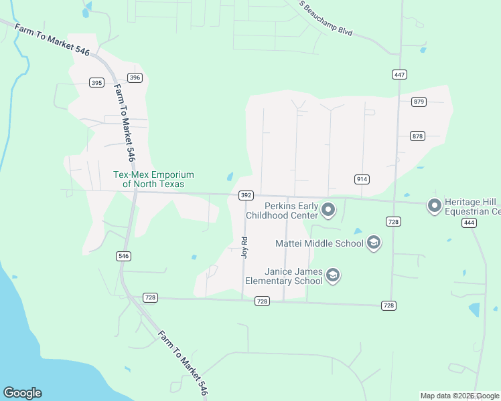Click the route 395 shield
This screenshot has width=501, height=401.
pos(96,82)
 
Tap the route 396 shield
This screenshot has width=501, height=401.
pos(135,78)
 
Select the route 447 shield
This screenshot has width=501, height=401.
pos(400,74)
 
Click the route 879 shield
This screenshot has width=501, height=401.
pos(419,102)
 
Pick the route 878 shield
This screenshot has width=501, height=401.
pos(418,136)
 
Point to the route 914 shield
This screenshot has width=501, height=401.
pos(362,179)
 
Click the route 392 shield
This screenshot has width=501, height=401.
pos(246,195)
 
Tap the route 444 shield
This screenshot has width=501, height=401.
pos(469,223)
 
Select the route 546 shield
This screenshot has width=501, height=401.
pos(123,256)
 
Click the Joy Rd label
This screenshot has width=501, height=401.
pos(244,247)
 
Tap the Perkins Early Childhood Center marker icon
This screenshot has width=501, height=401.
pos(328,211)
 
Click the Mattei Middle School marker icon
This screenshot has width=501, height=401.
pos(374,243)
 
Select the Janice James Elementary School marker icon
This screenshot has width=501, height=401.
pos(333,275)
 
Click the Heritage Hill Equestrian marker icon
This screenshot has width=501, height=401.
pos(434,206)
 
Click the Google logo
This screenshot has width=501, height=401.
pos(21,393)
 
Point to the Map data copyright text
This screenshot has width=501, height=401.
pos(459,396)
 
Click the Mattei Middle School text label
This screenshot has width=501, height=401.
pos(319,243)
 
